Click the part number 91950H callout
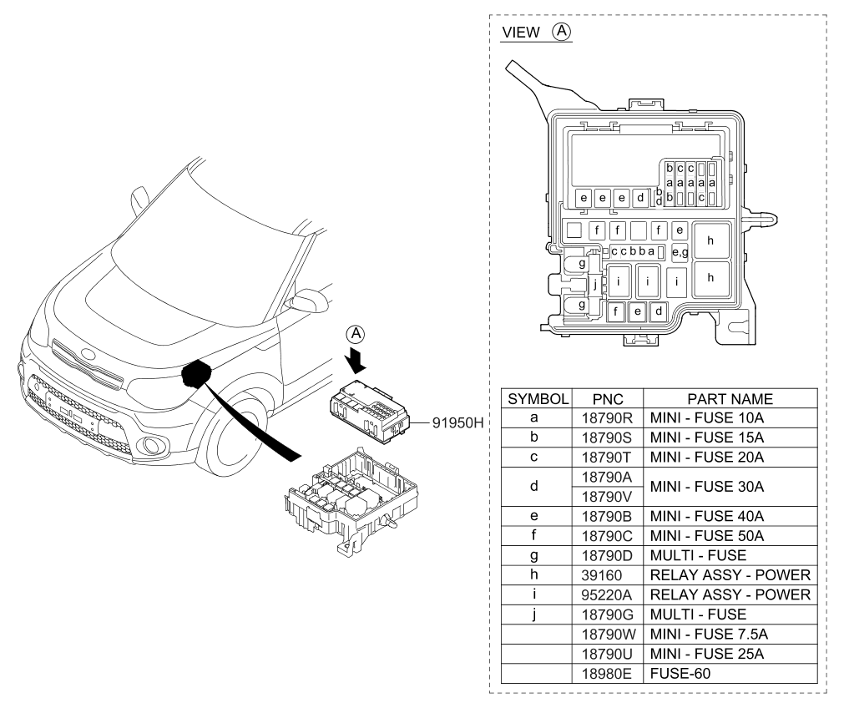coord(458,422)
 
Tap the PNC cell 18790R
coord(605,416)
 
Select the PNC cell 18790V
coord(605,496)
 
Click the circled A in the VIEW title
coord(562,32)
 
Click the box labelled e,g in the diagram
coord(680,253)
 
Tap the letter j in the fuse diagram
coord(594,283)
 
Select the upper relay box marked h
coord(710,240)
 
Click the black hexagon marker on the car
coord(196,373)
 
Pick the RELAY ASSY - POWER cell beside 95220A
coord(730,594)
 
